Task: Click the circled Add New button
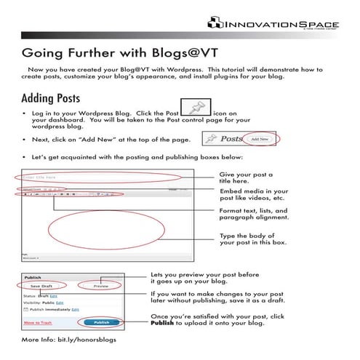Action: coord(259,137)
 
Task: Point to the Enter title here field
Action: coord(102,177)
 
